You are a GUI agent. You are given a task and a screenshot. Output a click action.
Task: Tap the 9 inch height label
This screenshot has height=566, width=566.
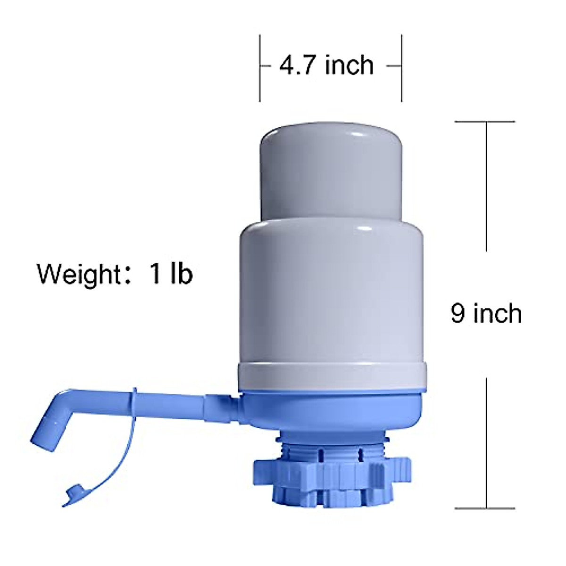[486, 313]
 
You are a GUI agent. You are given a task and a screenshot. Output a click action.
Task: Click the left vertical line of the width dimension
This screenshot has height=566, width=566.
[260, 66]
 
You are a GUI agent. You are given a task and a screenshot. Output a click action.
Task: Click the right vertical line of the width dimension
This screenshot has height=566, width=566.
[401, 66]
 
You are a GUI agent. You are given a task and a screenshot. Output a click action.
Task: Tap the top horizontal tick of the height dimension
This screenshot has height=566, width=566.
[486, 122]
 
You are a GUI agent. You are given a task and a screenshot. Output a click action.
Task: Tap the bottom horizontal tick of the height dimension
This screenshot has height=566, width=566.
[486, 508]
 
